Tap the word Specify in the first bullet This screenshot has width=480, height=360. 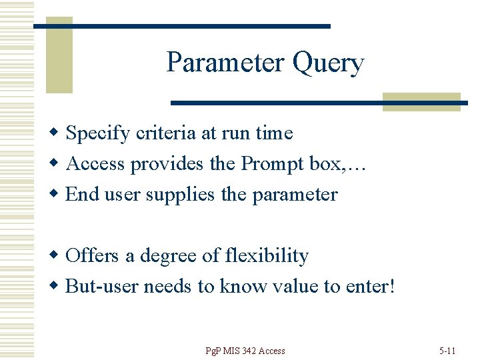(98, 134)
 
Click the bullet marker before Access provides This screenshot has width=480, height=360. (58, 163)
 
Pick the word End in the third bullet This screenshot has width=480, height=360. (83, 195)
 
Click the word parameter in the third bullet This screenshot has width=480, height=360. (295, 195)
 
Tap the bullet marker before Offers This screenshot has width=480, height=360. (58, 256)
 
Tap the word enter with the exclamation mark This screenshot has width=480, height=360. (370, 287)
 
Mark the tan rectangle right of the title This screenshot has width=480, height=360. (421, 101)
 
